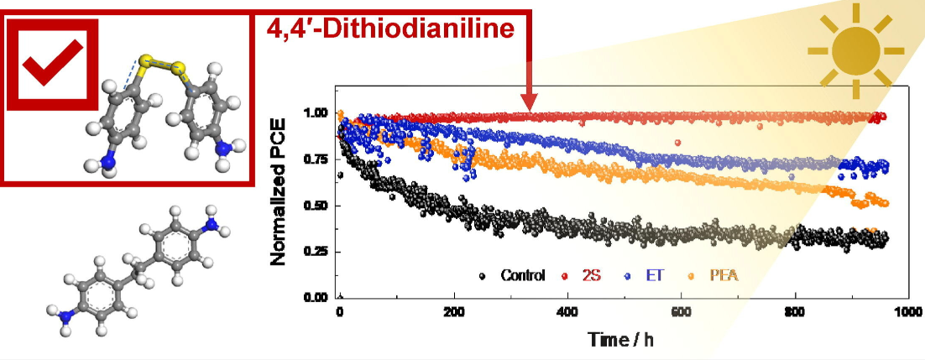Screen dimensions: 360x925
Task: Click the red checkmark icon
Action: [52, 63]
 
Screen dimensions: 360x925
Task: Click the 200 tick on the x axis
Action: [454, 312]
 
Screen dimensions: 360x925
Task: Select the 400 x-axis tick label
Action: [567, 312]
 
